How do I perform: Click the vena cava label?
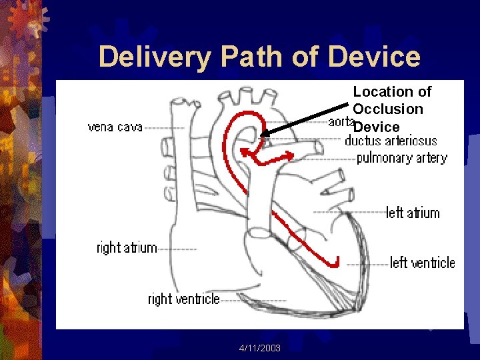tap(115, 127)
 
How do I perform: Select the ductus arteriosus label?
tap(391, 141)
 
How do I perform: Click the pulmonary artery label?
tap(401, 158)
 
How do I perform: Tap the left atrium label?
tap(413, 213)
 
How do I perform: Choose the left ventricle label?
tap(422, 263)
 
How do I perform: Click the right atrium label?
tap(127, 248)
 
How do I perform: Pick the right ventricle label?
tap(183, 299)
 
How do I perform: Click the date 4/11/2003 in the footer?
tap(260, 349)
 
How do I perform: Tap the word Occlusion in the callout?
tap(388, 109)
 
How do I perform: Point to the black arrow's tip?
tap(262, 137)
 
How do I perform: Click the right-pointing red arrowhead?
tap(291, 156)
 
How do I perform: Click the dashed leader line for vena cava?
tap(163, 127)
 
